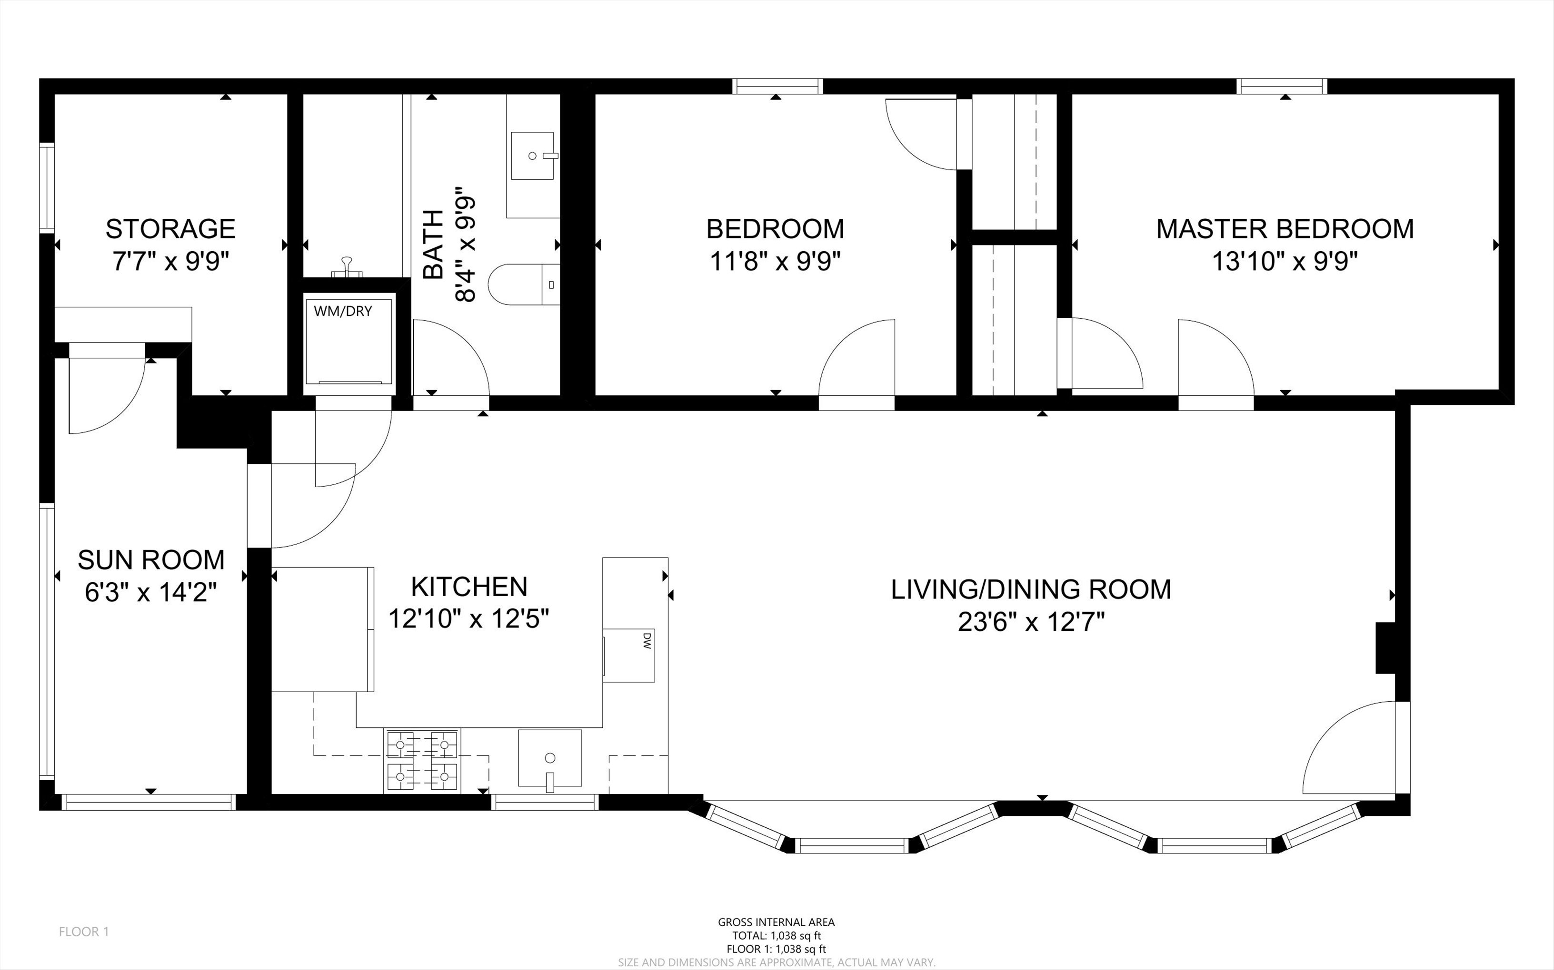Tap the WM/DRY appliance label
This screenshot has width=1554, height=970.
click(x=343, y=311)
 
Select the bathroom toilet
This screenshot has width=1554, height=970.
click(x=524, y=284)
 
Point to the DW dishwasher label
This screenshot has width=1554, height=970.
click(x=647, y=641)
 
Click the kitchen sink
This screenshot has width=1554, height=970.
click(x=549, y=758)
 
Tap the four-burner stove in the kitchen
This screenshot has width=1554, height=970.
click(x=422, y=761)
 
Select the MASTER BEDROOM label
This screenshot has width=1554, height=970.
click(x=1285, y=229)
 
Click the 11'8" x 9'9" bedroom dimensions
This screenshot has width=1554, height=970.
click(x=776, y=261)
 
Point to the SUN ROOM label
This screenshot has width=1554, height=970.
click(x=151, y=560)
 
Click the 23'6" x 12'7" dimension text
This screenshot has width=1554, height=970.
click(x=1031, y=622)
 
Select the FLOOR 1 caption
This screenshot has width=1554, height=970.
click(x=84, y=931)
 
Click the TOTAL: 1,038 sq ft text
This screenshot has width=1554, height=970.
click(x=777, y=935)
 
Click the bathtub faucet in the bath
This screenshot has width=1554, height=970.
click(x=347, y=266)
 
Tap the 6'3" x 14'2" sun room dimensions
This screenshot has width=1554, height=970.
click(x=151, y=592)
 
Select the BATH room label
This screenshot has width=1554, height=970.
click(x=433, y=245)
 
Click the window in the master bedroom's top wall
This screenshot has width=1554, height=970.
click(x=1282, y=86)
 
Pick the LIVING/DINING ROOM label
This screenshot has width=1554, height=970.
click(x=1031, y=589)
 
